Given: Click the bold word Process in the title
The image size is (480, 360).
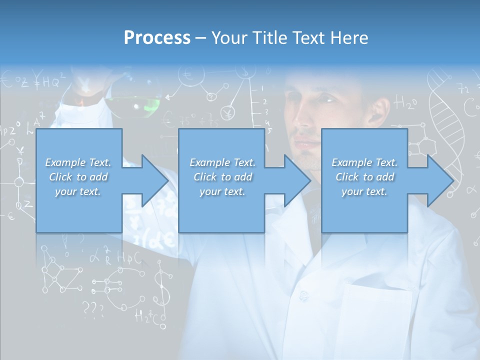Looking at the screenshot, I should click(157, 37).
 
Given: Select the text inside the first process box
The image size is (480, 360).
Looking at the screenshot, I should click(78, 177).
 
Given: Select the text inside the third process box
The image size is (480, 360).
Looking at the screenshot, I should click(364, 177).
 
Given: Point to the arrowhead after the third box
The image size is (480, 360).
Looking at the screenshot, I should click(439, 180).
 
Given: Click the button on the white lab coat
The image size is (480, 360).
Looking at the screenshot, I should click(303, 296).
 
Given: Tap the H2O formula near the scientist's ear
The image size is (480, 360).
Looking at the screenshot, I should click(405, 103).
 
